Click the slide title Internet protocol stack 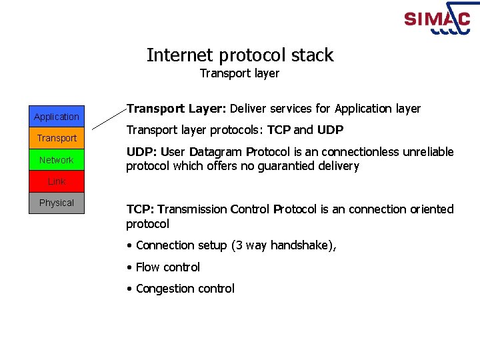(x=240, y=55)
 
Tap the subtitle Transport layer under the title (x=239, y=73)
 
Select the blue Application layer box (x=57, y=117)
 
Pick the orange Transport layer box (x=57, y=138)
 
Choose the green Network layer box (x=57, y=160)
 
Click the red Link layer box (x=57, y=181)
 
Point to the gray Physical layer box (x=57, y=203)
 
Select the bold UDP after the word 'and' (x=330, y=130)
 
